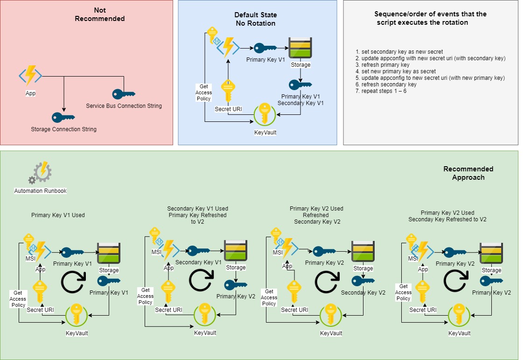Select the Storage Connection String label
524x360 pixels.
click(63, 129)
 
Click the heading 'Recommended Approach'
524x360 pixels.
click(468, 173)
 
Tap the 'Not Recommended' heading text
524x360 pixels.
click(100, 14)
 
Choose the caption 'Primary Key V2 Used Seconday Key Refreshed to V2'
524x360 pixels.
click(447, 216)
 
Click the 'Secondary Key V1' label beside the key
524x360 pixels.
click(198, 262)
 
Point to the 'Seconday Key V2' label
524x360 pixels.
click(363, 293)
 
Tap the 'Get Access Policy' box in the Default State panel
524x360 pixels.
click(204, 92)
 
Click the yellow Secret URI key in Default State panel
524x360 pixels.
click(227, 92)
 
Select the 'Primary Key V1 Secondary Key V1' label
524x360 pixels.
click(300, 99)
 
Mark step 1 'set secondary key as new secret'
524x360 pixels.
click(399, 52)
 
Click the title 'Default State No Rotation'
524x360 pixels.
click(255, 19)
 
